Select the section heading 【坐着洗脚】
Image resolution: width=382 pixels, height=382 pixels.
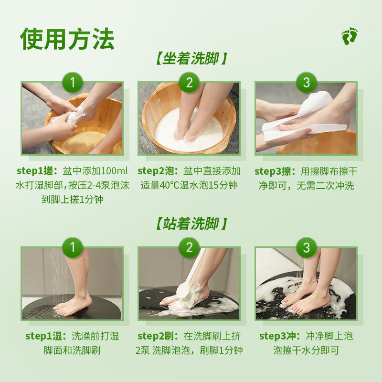click(191, 59)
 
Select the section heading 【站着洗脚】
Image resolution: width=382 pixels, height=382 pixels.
click(191, 223)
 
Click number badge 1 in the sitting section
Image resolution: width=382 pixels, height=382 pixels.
click(73, 83)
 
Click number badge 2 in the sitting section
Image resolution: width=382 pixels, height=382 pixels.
click(190, 83)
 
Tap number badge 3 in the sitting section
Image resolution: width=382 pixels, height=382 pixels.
click(306, 83)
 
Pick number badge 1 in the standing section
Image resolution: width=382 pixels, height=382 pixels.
click(73, 247)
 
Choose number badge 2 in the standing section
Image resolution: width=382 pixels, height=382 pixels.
click(190, 247)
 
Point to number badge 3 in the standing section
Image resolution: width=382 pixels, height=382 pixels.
click(306, 247)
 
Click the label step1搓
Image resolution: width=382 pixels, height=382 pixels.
click(37, 171)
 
